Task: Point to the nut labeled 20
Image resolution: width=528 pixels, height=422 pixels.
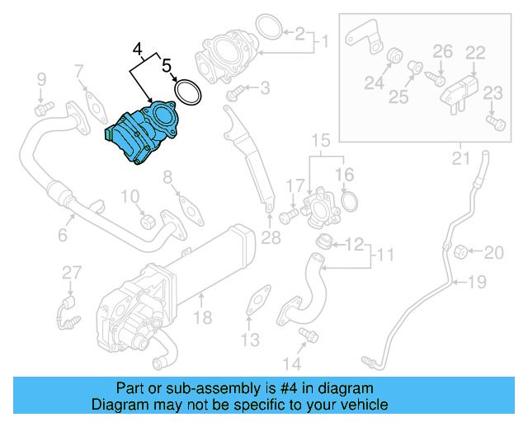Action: point(463,250)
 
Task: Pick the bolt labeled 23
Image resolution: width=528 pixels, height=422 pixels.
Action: point(494,123)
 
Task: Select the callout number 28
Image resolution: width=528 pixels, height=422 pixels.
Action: point(271,239)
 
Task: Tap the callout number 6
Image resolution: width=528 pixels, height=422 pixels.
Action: point(62,237)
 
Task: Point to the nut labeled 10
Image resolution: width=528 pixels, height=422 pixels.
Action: point(148,220)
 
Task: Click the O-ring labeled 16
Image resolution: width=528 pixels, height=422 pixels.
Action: point(349,200)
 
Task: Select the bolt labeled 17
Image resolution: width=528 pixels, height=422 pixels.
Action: point(288,216)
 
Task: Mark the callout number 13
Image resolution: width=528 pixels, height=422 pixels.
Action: point(250,340)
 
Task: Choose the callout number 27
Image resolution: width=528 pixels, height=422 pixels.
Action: point(72,273)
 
